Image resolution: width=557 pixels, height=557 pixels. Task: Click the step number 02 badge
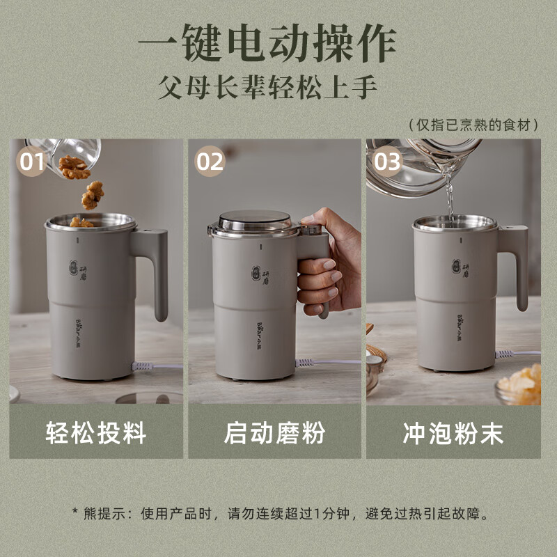210,162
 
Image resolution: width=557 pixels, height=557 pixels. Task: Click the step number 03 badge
387,162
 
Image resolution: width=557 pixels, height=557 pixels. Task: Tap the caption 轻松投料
96,433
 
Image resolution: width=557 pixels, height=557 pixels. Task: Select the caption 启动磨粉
274,433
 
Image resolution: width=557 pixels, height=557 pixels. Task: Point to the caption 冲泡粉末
453,433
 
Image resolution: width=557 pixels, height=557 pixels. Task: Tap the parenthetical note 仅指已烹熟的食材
474,125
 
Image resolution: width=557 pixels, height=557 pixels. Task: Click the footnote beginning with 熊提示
278,514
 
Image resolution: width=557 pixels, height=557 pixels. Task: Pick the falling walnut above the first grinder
91,195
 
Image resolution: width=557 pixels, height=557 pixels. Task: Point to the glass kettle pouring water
418,167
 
